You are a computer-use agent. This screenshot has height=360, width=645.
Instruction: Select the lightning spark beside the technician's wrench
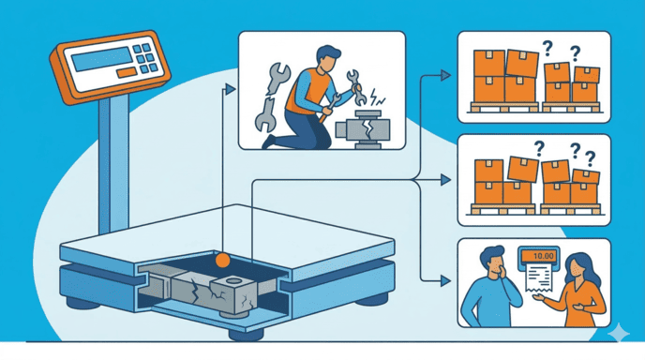pyautogui.click(x=382, y=96)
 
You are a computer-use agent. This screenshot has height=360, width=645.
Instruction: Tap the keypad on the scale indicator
pyautogui.click(x=145, y=55)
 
